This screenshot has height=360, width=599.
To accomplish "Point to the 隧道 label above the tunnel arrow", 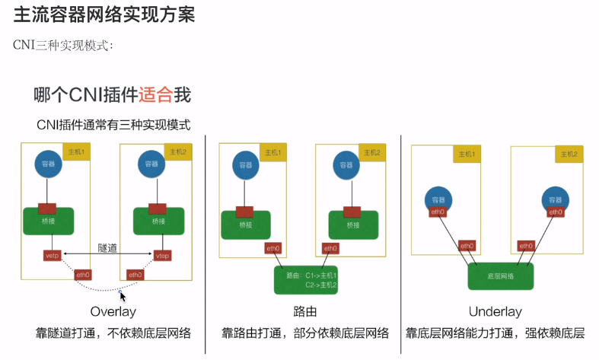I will click(x=107, y=247).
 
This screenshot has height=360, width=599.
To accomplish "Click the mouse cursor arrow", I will click(x=123, y=295).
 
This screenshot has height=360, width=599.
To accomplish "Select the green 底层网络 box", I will click(x=501, y=276).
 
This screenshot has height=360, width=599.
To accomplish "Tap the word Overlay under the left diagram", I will click(x=113, y=311).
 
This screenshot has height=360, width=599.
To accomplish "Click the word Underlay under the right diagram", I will click(x=495, y=311).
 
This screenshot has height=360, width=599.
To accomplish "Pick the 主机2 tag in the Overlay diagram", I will click(x=177, y=152).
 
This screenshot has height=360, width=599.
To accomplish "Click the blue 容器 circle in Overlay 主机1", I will click(x=47, y=164).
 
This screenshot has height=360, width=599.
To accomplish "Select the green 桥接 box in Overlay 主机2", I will click(x=158, y=221).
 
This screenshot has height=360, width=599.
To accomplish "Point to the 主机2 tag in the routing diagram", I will click(x=372, y=152).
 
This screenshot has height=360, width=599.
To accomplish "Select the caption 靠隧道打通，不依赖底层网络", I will click(x=113, y=333).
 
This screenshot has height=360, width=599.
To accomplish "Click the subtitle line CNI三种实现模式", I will click(x=64, y=44).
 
